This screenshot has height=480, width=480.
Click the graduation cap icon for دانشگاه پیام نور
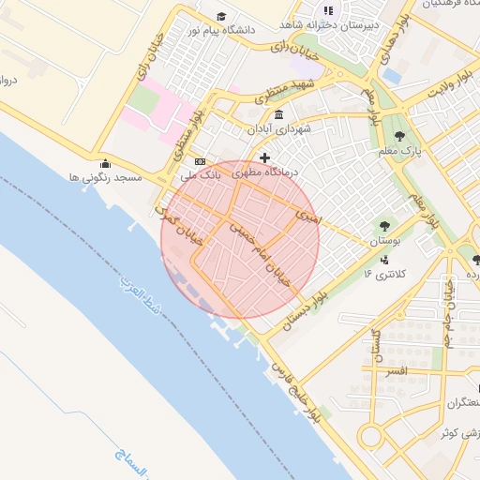221,16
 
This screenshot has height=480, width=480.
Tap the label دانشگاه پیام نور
221,30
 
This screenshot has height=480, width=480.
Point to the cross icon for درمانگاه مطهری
265,158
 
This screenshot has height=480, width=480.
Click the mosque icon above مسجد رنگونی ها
105,162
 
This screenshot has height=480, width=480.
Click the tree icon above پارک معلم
400,135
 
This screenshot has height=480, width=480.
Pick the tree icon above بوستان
384,226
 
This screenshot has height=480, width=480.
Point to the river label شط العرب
141,301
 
